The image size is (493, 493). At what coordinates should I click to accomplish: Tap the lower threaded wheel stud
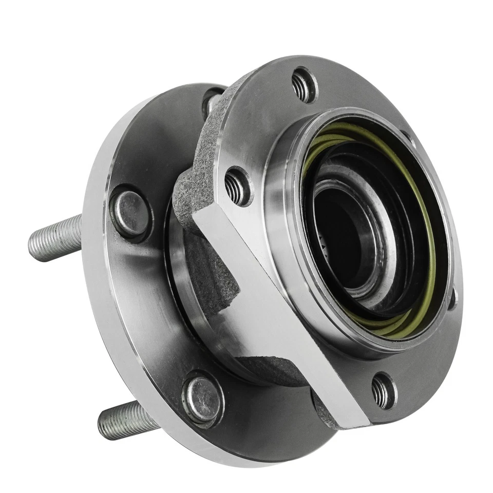click(126, 420)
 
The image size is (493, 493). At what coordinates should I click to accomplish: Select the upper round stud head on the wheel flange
click(130, 213)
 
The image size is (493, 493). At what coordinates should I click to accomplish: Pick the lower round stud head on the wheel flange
click(202, 399)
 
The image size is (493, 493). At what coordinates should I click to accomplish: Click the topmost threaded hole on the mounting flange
click(304, 85)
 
